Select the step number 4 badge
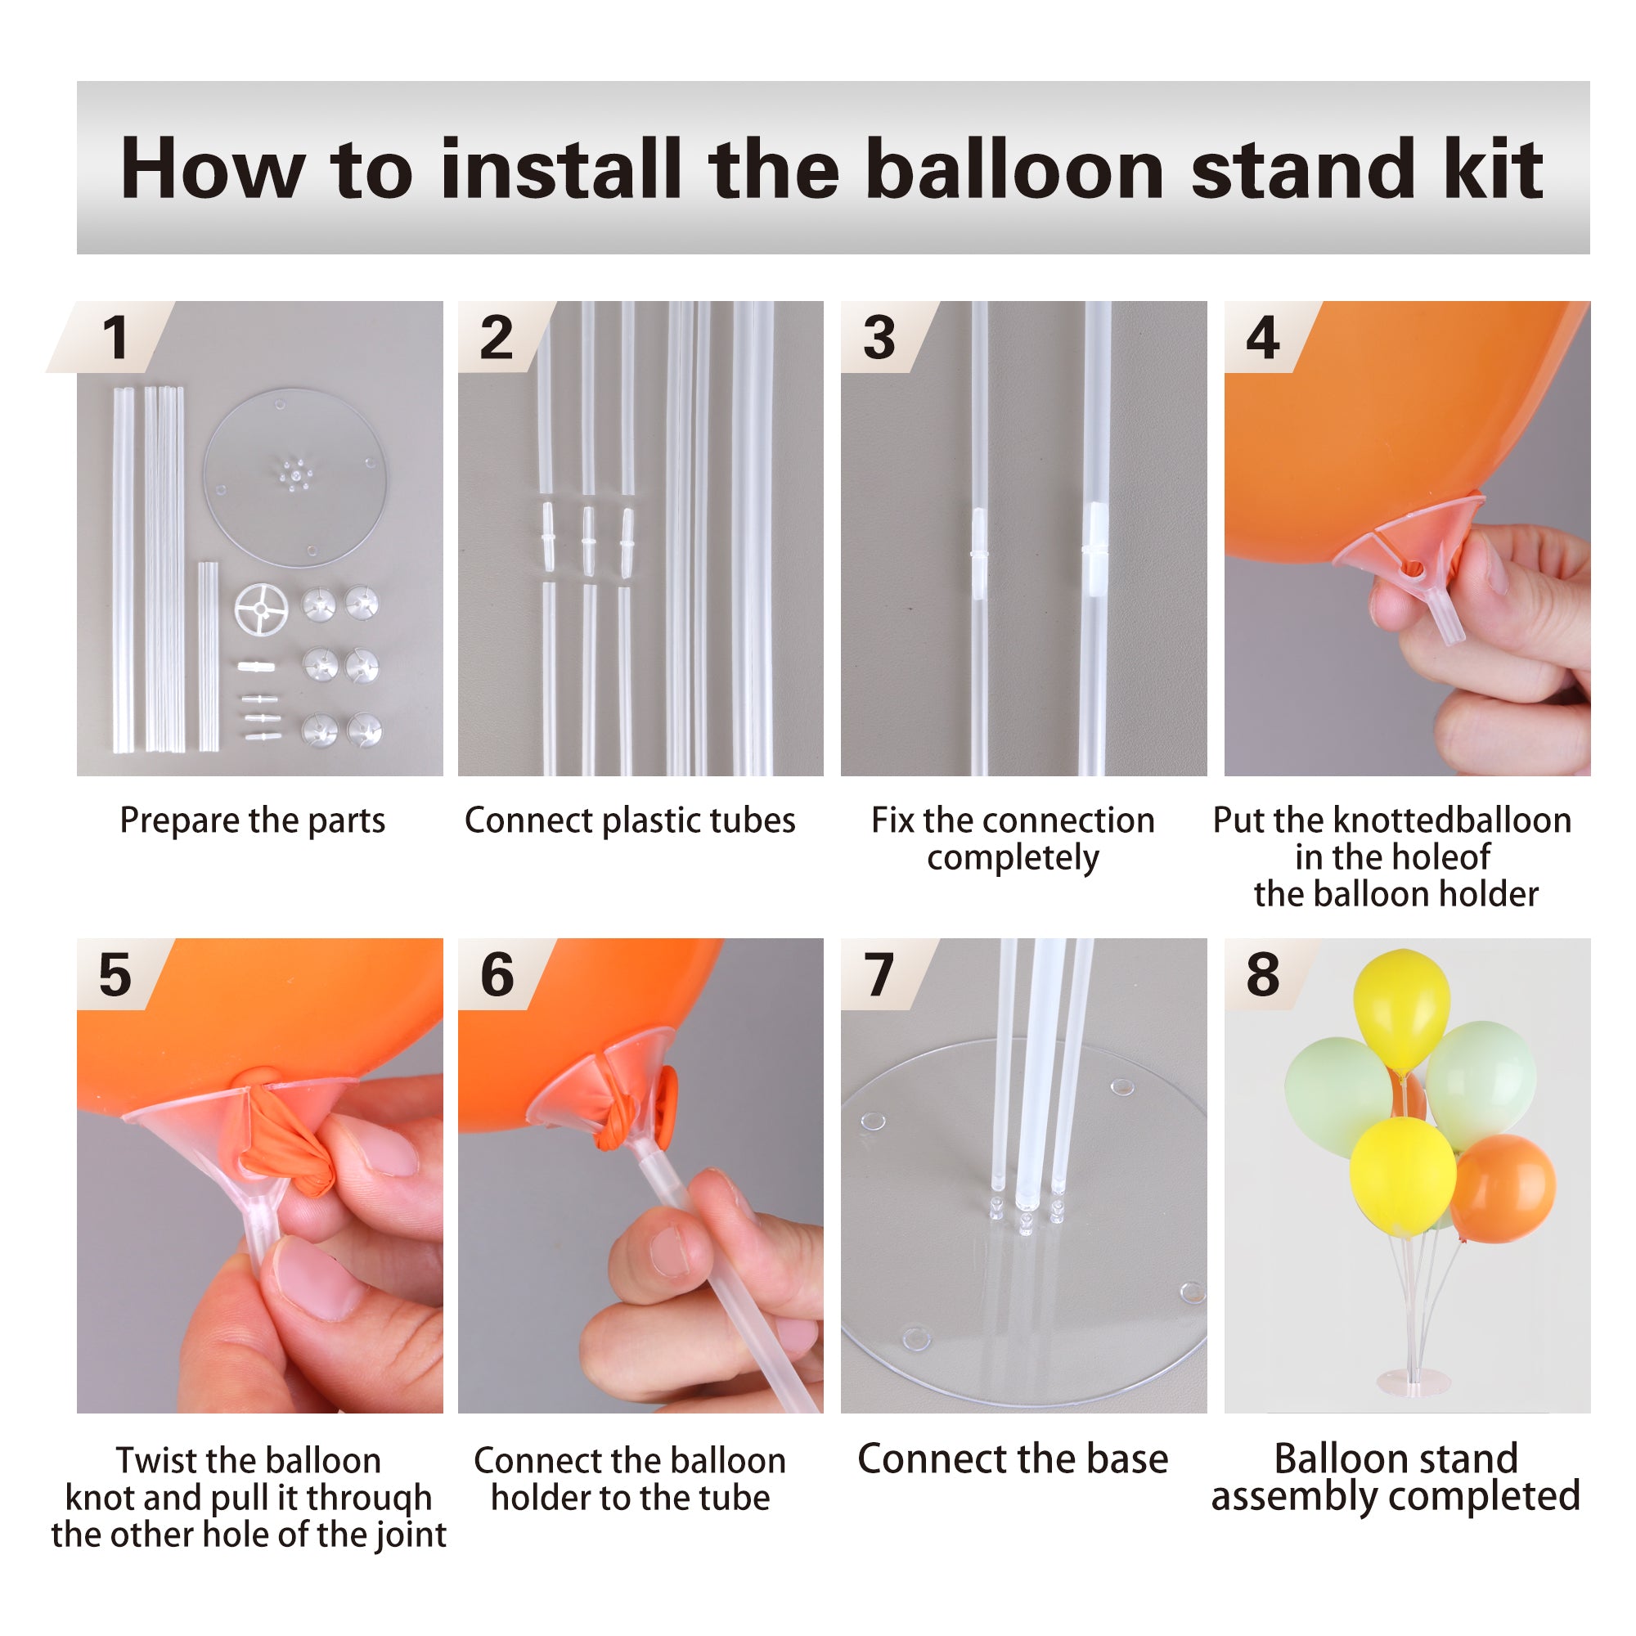[x=1261, y=338]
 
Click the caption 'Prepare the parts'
[x=252, y=820]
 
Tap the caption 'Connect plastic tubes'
[x=630, y=820]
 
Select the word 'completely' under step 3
[x=1013, y=859]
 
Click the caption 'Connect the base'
[x=1013, y=1459]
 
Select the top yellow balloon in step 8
[x=1401, y=1008]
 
